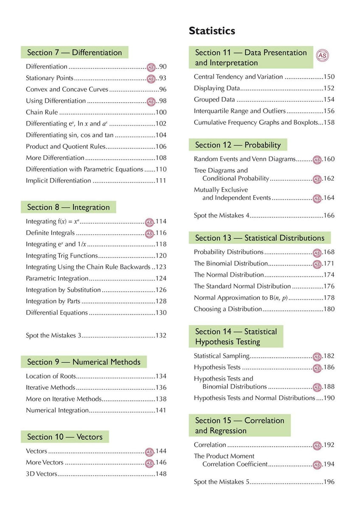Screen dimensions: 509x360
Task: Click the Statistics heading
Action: [x=212, y=31]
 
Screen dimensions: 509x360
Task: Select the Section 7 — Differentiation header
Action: [x=74, y=53]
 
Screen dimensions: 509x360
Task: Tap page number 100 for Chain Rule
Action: [x=161, y=112]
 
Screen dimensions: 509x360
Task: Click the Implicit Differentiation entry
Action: [x=59, y=181]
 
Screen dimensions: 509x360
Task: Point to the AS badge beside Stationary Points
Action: [x=151, y=78]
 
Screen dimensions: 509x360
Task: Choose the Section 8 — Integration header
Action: [x=68, y=207]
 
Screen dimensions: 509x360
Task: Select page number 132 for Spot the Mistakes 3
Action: [x=161, y=336]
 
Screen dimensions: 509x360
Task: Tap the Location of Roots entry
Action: [x=51, y=376]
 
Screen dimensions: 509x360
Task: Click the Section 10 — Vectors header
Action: [x=65, y=437]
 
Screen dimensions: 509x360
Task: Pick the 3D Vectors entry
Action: [x=41, y=474]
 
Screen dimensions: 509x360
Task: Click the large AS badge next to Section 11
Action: [x=323, y=56]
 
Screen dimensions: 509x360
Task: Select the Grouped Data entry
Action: [x=214, y=100]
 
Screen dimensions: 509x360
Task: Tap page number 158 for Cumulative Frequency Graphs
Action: [x=329, y=123]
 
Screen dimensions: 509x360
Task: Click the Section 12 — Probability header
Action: [x=238, y=145]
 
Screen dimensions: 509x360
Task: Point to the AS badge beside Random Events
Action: [x=317, y=160]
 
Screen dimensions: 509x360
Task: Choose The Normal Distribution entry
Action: [x=229, y=275]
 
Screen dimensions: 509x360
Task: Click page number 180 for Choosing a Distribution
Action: [x=329, y=309]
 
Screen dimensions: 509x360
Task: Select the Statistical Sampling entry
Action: [x=222, y=356]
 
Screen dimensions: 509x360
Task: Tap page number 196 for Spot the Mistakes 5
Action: [x=329, y=482]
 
